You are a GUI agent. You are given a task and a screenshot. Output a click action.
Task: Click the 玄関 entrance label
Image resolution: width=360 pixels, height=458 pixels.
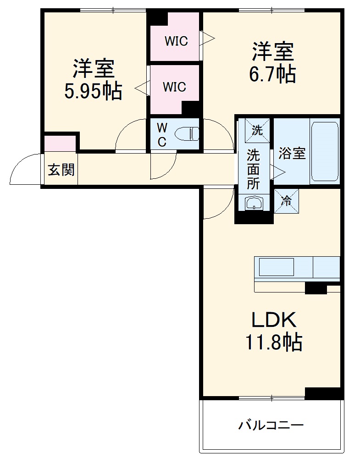coord(61,170)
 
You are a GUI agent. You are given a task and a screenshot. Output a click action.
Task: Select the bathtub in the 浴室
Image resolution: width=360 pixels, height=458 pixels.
coord(325,151)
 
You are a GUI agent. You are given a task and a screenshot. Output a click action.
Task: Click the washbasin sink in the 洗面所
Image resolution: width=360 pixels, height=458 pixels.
coord(253,203)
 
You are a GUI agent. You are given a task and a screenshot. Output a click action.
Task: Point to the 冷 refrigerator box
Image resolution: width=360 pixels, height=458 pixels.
coord(286,201)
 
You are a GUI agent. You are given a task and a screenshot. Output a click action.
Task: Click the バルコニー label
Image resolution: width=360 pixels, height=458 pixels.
coord(271,425)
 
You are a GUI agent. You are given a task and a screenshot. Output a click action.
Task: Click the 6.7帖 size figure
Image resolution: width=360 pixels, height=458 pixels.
coord(272,74)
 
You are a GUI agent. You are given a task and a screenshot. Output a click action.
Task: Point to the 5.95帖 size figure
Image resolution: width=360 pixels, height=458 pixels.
coord(93,91)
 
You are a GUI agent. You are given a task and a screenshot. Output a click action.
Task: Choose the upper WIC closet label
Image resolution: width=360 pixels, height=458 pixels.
coord(177,41)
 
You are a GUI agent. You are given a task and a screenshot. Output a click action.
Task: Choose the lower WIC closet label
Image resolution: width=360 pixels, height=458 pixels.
coord(174,86)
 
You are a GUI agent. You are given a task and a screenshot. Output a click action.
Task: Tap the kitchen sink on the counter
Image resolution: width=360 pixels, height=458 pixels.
coord(276,267)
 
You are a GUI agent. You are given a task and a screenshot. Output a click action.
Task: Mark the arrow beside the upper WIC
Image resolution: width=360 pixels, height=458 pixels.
coord(207,38)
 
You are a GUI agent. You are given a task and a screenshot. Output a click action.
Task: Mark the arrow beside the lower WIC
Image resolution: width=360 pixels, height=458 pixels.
coord(141,88)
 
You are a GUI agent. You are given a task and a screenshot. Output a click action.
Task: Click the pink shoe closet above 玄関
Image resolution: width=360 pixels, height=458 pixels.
coord(60,143)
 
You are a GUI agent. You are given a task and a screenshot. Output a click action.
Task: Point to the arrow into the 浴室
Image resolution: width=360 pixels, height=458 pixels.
coord(279,171)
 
